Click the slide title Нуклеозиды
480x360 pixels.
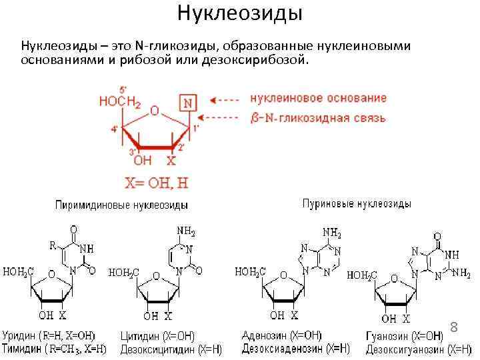pyautogui.click(x=240, y=13)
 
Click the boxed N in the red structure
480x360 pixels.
pyautogui.click(x=188, y=103)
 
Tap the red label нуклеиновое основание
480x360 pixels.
pyautogui.click(x=318, y=98)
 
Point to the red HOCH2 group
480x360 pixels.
pyautogui.click(x=120, y=103)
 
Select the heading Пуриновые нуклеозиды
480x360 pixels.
pyautogui.click(x=357, y=203)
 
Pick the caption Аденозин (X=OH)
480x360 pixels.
pyautogui.click(x=282, y=335)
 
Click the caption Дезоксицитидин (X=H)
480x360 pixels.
pyautogui.click(x=170, y=348)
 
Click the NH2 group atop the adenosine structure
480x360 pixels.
pyautogui.click(x=331, y=233)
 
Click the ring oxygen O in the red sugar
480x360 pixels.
pyautogui.click(x=154, y=111)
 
